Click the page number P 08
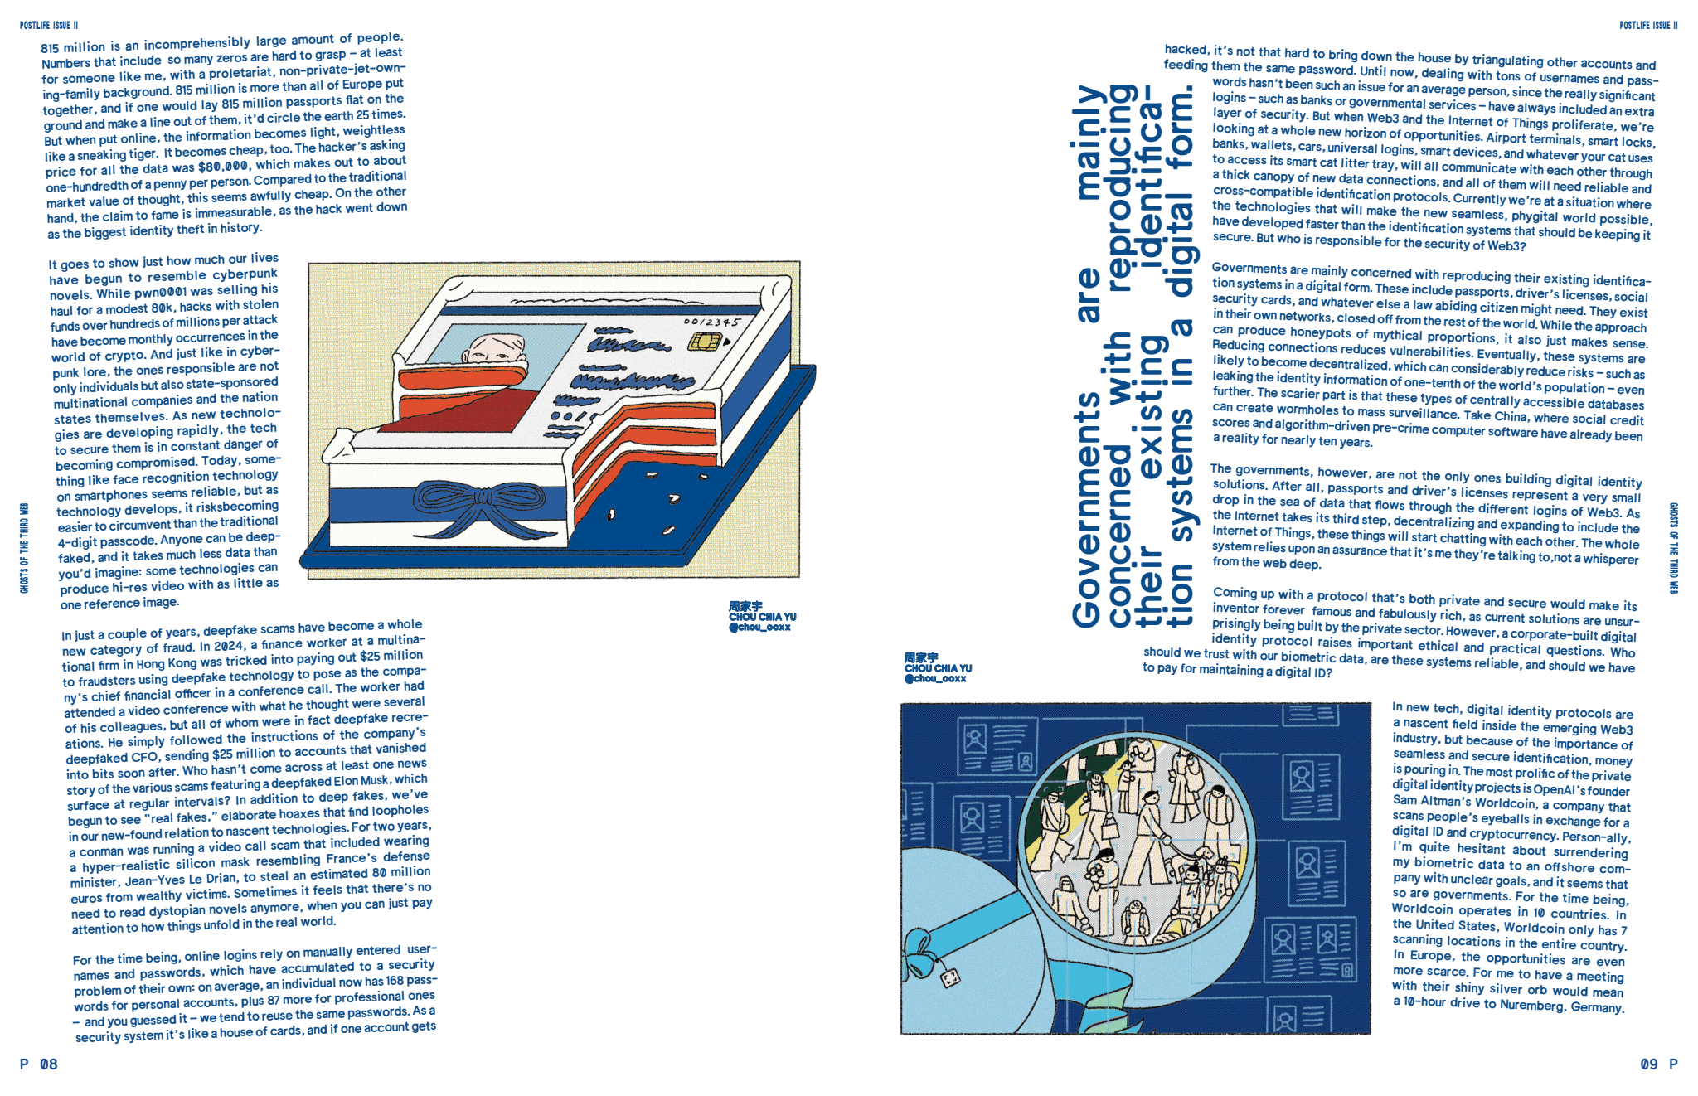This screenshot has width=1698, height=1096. click(x=39, y=1064)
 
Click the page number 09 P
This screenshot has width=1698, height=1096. click(x=1659, y=1064)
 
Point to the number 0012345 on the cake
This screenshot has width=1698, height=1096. click(x=711, y=322)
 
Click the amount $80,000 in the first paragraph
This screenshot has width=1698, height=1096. click(x=223, y=166)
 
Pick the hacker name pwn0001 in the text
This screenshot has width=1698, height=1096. click(x=160, y=292)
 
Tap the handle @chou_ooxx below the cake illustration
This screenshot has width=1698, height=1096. click(x=759, y=628)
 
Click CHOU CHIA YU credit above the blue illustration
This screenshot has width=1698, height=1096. click(x=938, y=668)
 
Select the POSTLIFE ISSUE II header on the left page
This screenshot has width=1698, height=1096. click(x=49, y=26)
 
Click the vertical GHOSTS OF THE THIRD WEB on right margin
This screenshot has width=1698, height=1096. click(x=1673, y=548)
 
